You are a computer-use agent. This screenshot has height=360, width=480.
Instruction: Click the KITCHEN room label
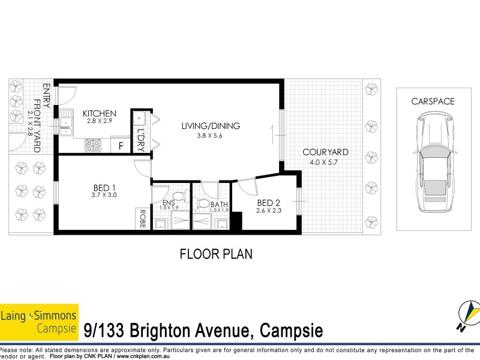[100, 113]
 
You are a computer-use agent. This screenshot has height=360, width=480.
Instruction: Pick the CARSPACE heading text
[433, 101]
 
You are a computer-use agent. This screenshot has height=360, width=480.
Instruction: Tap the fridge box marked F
[121, 145]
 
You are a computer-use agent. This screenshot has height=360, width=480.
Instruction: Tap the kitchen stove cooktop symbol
[93, 144]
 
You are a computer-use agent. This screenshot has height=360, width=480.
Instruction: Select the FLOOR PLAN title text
[217, 253]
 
